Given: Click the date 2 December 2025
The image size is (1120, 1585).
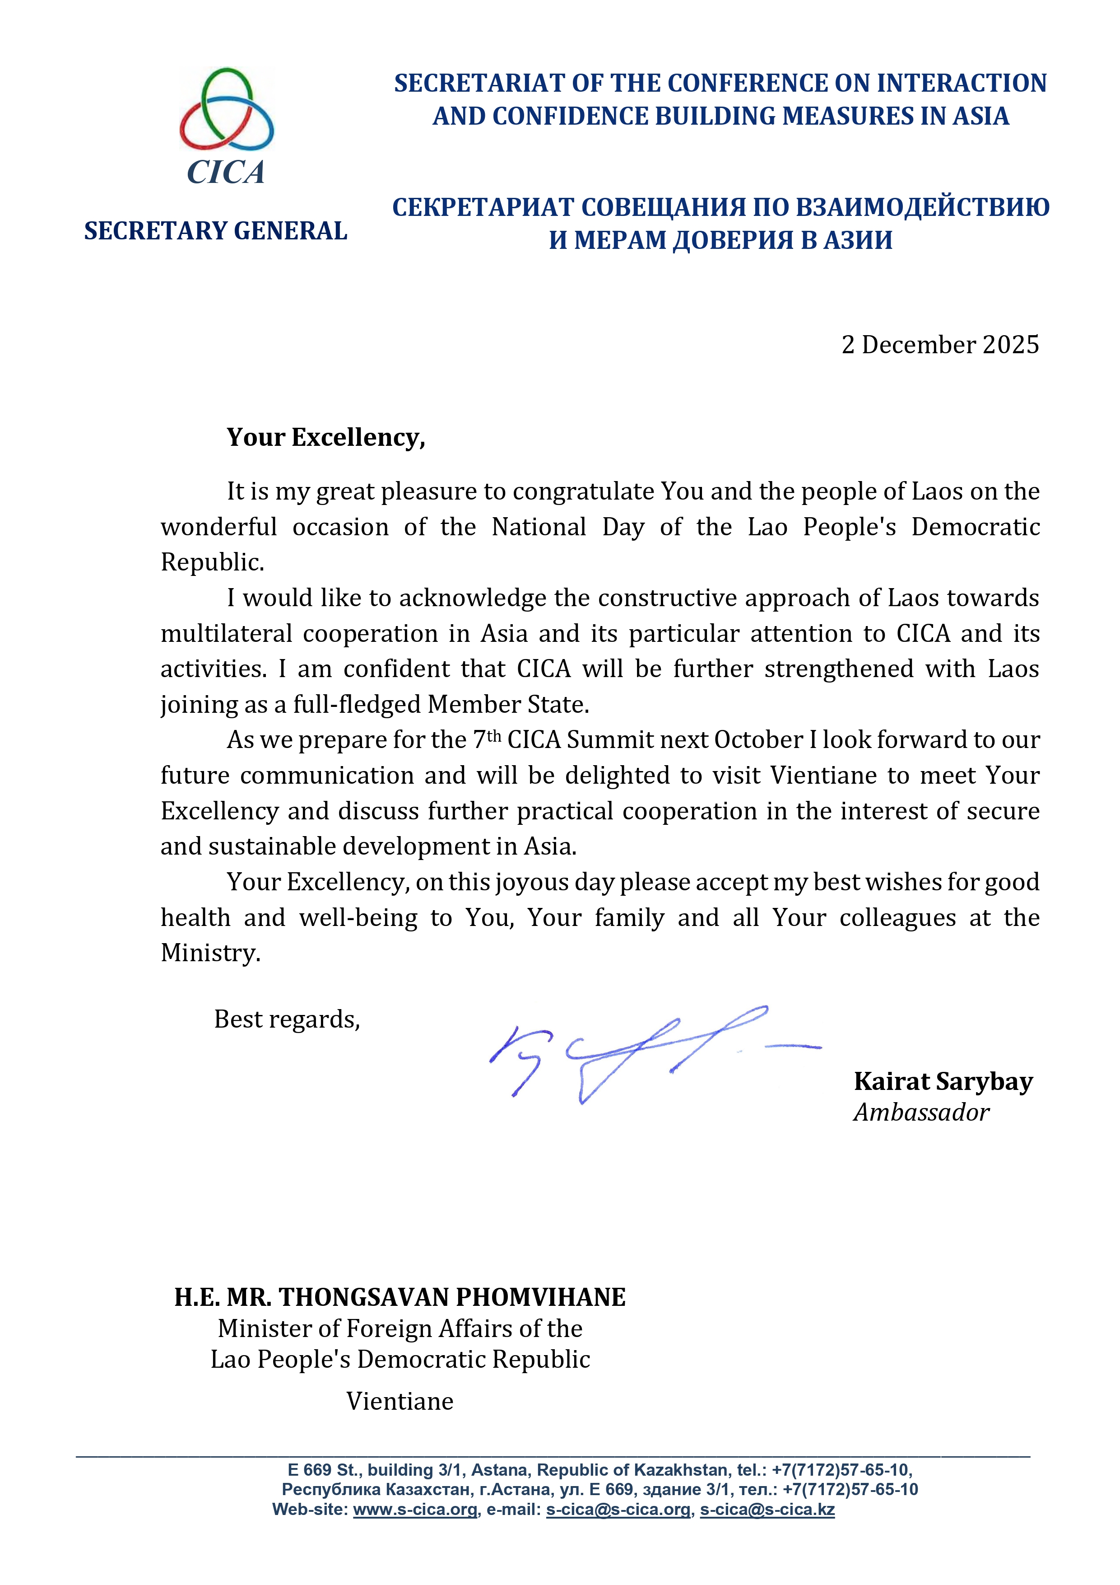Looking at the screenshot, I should point(940,345).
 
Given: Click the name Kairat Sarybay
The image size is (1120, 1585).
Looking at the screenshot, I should point(943,1081).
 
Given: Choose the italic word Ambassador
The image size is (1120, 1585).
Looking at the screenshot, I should point(921,1112).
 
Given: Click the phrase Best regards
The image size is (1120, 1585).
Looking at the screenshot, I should point(287,1019).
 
